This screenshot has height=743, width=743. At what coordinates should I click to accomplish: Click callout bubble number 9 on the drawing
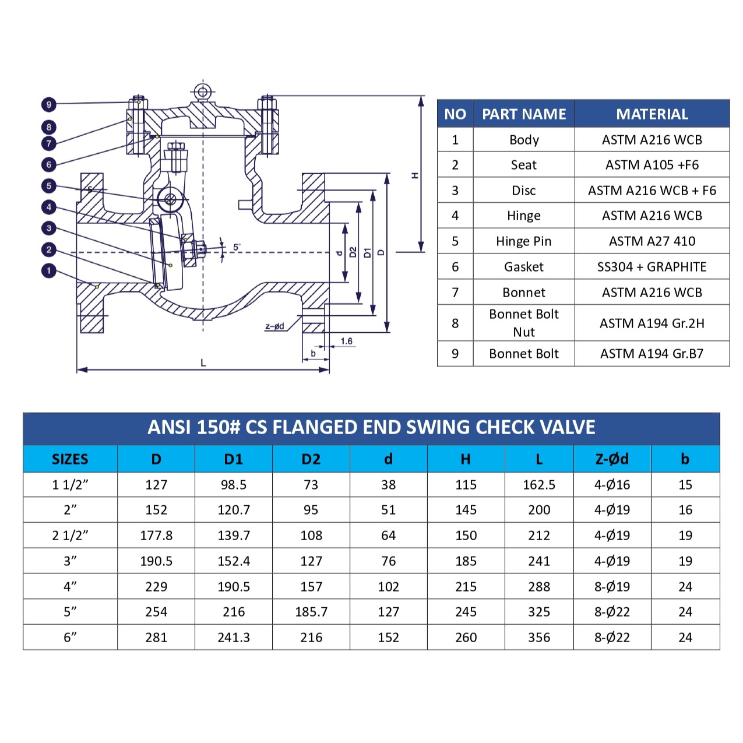[49, 104]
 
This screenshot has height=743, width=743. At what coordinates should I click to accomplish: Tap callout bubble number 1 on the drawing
[49, 271]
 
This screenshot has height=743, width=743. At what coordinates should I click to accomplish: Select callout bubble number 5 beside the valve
[49, 186]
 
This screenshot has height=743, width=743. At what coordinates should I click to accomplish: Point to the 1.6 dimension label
[346, 341]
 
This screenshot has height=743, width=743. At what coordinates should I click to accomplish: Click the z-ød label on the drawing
[274, 326]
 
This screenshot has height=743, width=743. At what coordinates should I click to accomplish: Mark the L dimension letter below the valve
[203, 362]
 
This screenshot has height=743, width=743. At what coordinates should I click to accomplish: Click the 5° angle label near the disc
[237, 247]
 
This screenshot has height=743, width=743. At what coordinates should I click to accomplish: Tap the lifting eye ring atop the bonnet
[202, 91]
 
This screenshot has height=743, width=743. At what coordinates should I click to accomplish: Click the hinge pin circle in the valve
[170, 199]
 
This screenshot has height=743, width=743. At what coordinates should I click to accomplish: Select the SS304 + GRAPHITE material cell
[652, 267]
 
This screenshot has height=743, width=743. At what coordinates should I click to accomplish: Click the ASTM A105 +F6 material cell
[652, 165]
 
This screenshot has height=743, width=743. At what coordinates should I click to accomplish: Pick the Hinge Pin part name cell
[523, 241]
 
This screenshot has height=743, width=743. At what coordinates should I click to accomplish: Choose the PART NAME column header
[523, 114]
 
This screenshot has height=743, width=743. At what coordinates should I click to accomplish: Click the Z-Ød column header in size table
[612, 459]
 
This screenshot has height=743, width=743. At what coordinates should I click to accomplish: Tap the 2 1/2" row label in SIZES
[70, 536]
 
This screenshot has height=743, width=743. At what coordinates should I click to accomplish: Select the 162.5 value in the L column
[538, 485]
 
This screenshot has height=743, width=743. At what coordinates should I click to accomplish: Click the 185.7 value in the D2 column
[311, 612]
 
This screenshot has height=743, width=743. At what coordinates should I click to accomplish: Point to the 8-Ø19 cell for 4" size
[612, 587]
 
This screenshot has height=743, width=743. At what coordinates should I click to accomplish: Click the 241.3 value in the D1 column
[233, 638]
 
